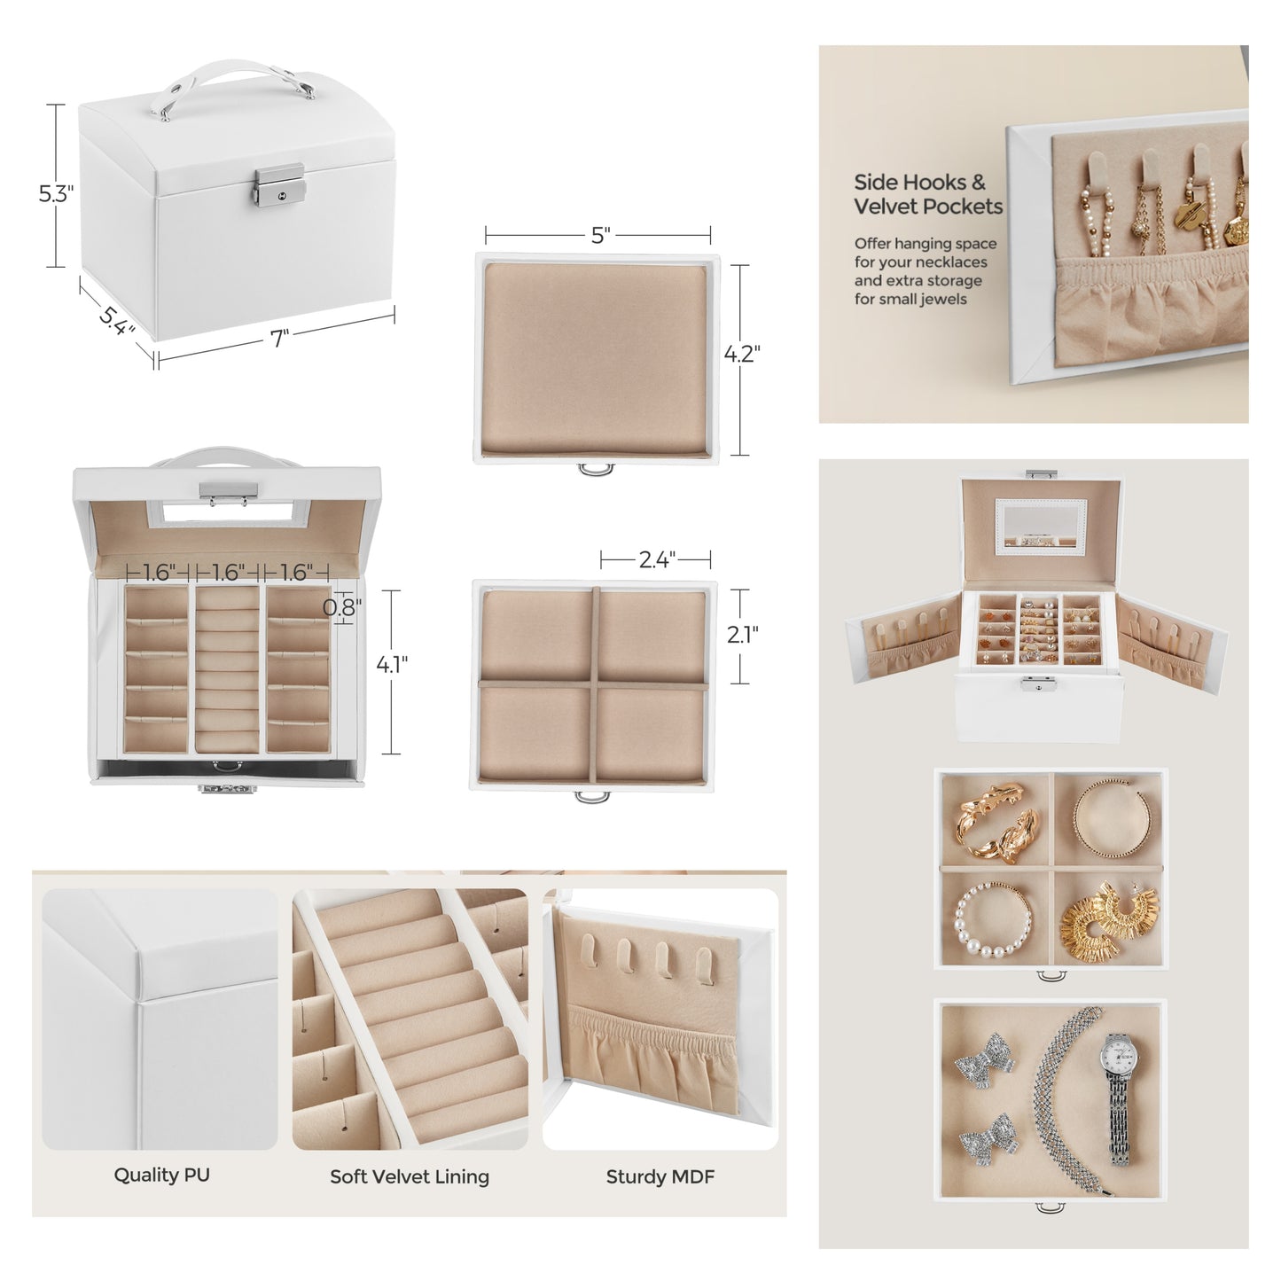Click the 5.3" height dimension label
tap(56, 194)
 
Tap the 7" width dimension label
tap(280, 339)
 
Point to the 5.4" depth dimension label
tap(118, 320)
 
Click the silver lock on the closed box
tap(279, 185)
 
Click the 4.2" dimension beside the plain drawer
tap(742, 354)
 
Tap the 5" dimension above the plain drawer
tap(600, 235)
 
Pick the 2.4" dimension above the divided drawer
tap(657, 559)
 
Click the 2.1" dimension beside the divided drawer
tap(743, 635)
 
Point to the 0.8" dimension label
tap(342, 607)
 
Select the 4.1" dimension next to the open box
tap(392, 664)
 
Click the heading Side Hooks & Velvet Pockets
tap(928, 194)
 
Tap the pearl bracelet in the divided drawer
tap(993, 920)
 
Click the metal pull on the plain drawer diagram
tap(590, 468)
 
